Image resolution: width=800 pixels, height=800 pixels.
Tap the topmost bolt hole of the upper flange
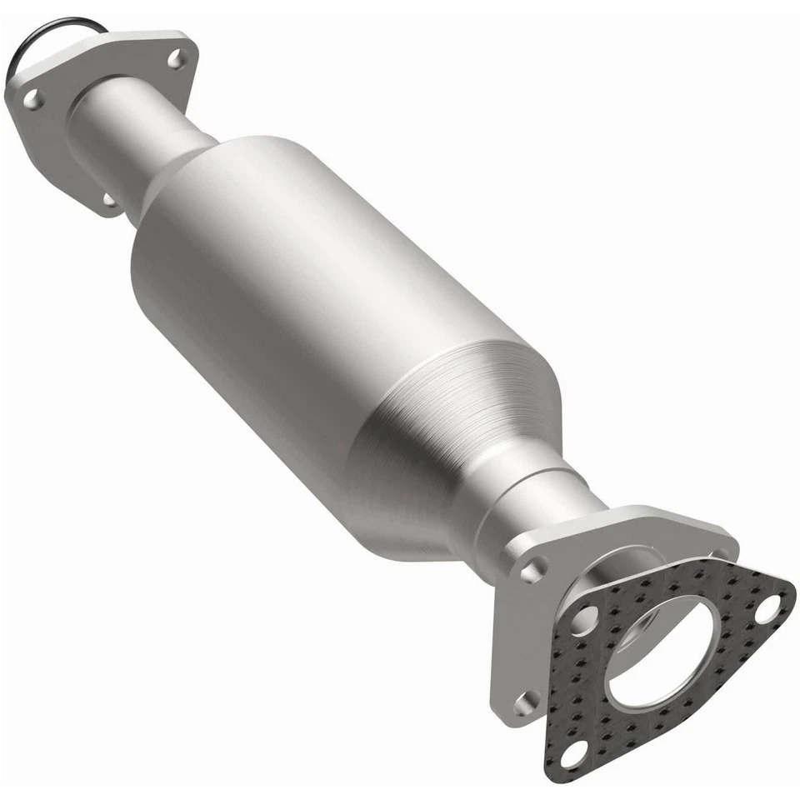point(174,58)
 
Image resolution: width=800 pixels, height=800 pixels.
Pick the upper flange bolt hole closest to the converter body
point(109,199)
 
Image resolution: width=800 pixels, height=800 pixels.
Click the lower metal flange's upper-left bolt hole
point(530,570)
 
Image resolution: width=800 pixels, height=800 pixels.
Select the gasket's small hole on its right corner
point(767,608)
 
